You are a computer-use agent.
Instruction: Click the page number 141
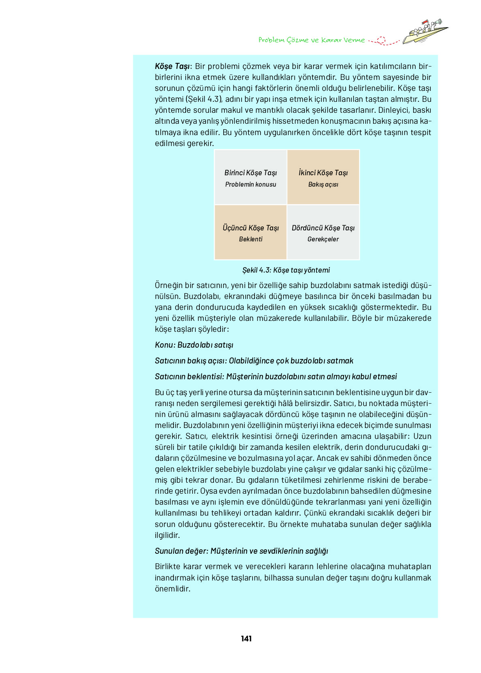(246, 639)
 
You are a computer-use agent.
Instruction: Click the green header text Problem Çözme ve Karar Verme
(311, 40)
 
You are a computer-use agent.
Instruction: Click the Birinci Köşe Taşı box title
(250, 173)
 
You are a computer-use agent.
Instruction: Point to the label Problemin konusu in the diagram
(250, 184)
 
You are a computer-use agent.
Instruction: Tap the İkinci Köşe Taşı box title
(323, 173)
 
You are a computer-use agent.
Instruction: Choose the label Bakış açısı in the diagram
(323, 184)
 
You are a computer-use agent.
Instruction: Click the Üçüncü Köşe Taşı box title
(250, 228)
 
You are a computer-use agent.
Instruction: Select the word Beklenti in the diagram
(250, 239)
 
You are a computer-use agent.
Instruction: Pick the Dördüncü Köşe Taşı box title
(323, 228)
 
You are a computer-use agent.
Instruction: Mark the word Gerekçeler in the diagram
(323, 239)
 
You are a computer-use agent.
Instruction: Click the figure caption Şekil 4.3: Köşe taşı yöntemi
(286, 270)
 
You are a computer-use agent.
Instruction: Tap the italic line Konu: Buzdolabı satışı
(194, 345)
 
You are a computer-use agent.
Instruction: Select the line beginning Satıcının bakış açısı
(254, 361)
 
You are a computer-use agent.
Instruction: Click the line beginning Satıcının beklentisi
(276, 376)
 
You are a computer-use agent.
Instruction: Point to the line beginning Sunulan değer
(242, 551)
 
